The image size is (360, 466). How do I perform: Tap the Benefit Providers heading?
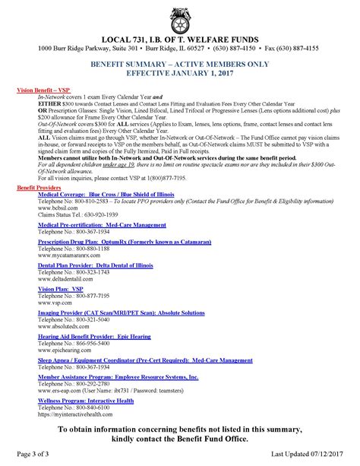[x=41, y=186]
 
